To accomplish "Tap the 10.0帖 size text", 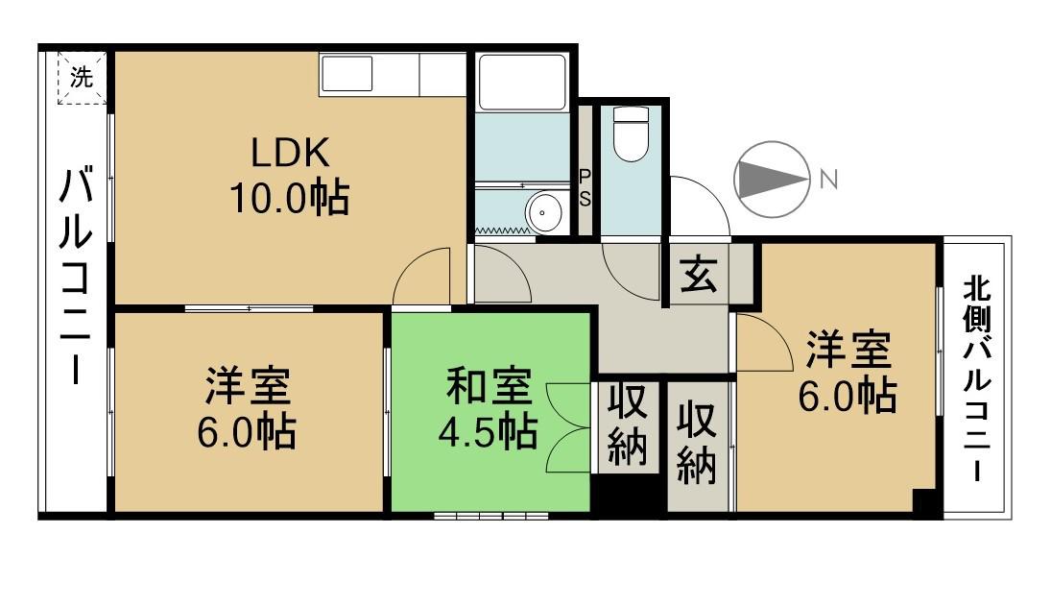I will pyautogui.click(x=288, y=199).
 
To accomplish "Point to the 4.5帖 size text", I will pyautogui.click(x=488, y=433).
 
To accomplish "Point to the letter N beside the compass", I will pyautogui.click(x=828, y=179).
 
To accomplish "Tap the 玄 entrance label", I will pyautogui.click(x=698, y=277).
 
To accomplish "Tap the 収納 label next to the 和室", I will pyautogui.click(x=627, y=425).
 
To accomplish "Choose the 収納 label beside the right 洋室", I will pyautogui.click(x=698, y=443).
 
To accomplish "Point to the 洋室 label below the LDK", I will pyautogui.click(x=248, y=387).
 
